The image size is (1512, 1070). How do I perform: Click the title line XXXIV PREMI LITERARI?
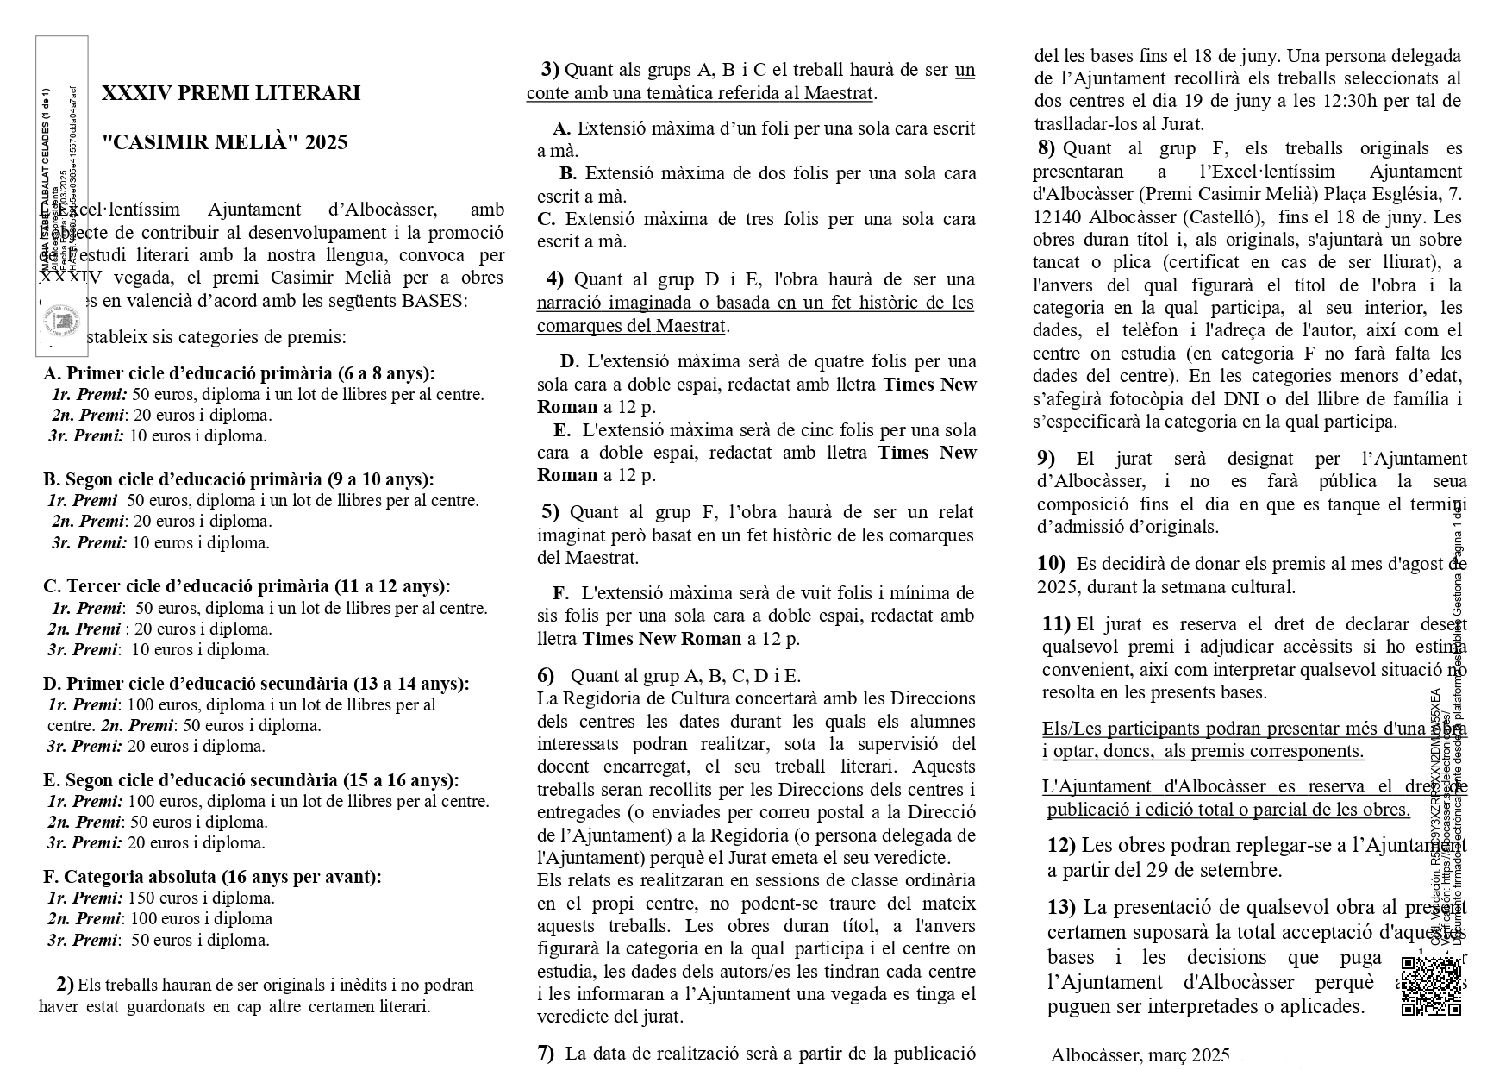click(231, 93)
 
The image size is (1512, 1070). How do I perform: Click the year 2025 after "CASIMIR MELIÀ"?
click(326, 142)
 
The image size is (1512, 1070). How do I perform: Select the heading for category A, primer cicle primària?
click(239, 373)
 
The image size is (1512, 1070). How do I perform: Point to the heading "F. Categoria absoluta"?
click(212, 877)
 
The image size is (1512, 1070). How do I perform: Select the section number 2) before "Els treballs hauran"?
click(65, 984)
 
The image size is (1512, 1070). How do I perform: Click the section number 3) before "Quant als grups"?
click(550, 69)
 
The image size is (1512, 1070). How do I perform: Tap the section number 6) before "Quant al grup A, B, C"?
click(546, 676)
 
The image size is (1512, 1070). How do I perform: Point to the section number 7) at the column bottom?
click(546, 1053)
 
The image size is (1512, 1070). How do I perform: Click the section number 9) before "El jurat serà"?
click(1047, 459)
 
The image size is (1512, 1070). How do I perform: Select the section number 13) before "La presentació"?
click(1061, 907)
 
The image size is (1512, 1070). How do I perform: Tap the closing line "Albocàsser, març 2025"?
click(1140, 1055)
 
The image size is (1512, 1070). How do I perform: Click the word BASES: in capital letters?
click(434, 301)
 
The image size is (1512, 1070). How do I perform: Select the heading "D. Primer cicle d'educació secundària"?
click(256, 684)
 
